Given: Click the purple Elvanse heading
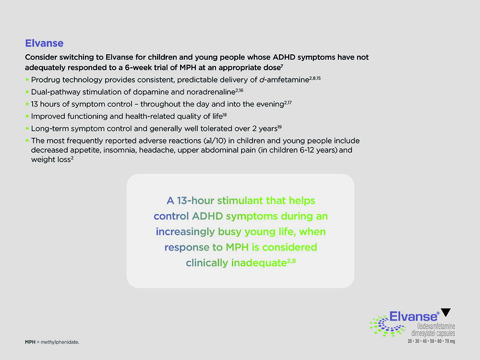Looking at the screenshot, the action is (44, 43).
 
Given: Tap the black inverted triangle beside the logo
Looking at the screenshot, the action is (446, 312).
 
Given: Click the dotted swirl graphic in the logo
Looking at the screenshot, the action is (387, 326).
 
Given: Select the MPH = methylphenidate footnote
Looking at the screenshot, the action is (52, 342).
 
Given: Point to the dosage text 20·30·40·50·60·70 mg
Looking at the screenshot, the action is (431, 341).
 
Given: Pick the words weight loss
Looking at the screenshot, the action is (51, 159).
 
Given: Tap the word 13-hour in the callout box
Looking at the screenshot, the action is (195, 201).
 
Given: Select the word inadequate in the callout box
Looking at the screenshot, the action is (259, 263).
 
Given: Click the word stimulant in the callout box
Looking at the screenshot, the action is (240, 201).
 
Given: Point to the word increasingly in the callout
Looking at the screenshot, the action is (185, 232).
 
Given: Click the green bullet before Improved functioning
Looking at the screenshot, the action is (27, 116).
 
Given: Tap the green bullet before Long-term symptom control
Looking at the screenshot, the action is (27, 129).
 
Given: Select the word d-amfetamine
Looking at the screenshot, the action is (284, 80).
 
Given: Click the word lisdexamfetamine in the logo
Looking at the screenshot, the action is (436, 326).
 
